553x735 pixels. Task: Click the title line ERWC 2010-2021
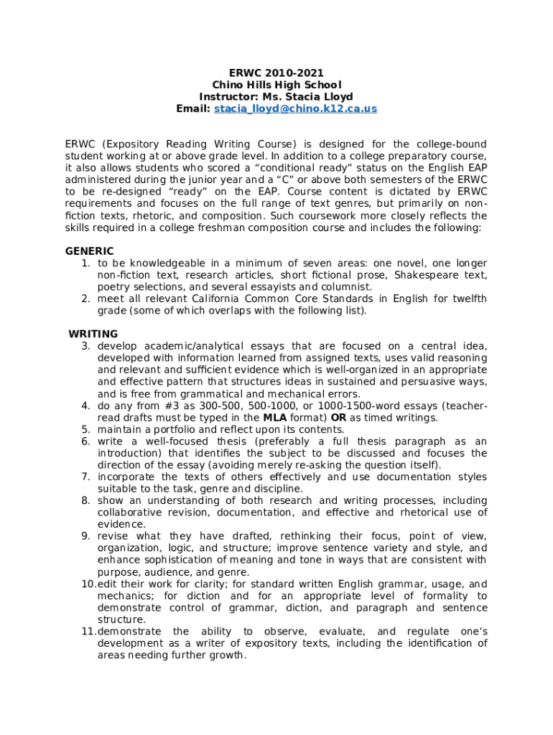pyautogui.click(x=276, y=72)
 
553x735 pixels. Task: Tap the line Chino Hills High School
pyautogui.click(x=276, y=85)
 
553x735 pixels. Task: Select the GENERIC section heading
pyautogui.click(x=89, y=251)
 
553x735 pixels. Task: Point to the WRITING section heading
pyautogui.click(x=93, y=334)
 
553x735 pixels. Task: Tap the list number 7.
pyautogui.click(x=85, y=477)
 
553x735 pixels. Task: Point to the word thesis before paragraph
pyautogui.click(x=376, y=441)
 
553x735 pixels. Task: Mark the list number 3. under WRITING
pyautogui.click(x=85, y=346)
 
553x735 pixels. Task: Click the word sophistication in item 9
pyautogui.click(x=181, y=560)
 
